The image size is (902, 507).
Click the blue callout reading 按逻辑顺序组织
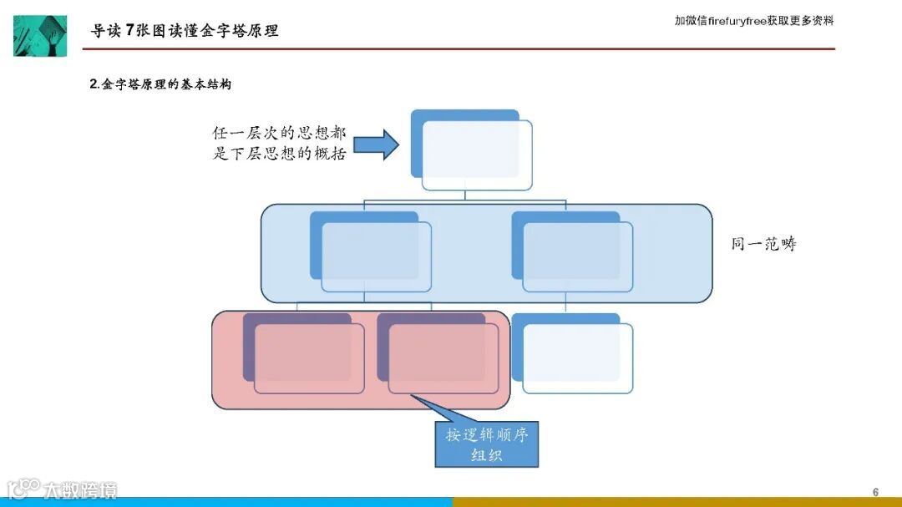(487, 445)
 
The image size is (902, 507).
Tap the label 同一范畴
(763, 244)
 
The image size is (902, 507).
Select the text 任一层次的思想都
(278, 134)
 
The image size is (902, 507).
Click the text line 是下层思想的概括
(278, 154)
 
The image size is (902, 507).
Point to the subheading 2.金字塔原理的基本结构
(160, 84)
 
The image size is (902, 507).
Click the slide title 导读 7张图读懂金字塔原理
(185, 31)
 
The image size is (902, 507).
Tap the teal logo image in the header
(40, 35)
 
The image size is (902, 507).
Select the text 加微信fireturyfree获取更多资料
(753, 21)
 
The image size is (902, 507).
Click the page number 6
(875, 491)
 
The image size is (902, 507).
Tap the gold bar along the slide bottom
(676, 502)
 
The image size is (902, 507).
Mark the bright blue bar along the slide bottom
(225, 502)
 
